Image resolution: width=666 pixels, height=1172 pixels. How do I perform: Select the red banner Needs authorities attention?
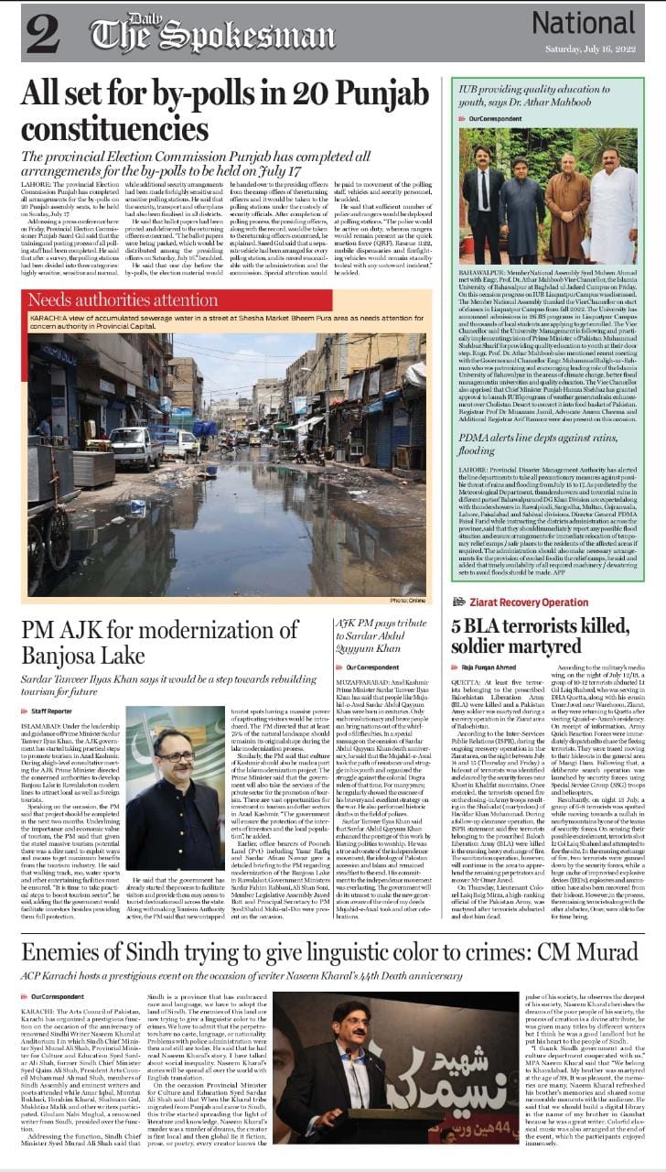pos(124,300)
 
